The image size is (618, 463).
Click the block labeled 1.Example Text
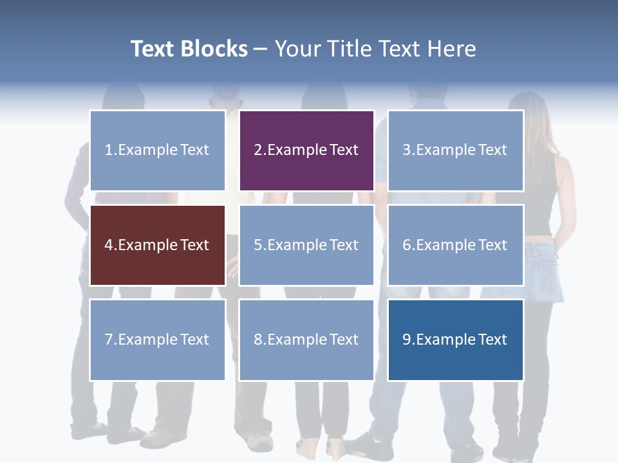[158, 150]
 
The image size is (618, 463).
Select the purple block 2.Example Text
[306, 150]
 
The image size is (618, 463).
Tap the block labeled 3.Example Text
[455, 150]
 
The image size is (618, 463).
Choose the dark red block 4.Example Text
[158, 245]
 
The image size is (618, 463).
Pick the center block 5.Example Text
[306, 245]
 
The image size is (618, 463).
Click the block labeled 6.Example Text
[455, 245]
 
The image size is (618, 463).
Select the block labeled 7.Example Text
[158, 340]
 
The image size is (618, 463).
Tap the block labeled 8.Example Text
[306, 340]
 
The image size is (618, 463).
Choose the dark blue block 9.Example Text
[455, 340]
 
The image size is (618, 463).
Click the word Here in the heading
[452, 49]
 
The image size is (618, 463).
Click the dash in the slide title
[261, 50]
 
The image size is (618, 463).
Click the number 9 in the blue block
[407, 340]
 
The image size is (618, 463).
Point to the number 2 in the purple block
[258, 150]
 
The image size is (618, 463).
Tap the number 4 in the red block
[109, 245]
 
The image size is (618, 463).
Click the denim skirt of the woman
[544, 270]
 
